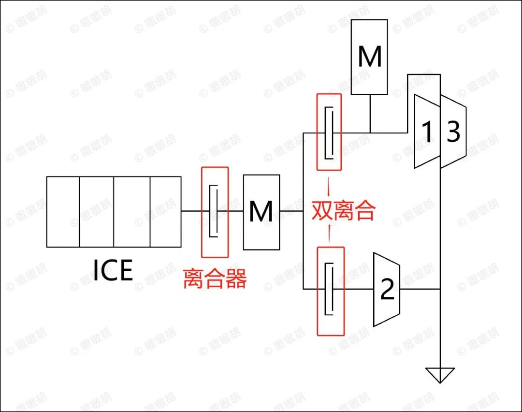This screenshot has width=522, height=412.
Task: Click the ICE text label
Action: coord(113,270)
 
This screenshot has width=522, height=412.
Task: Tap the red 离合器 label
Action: coord(215,279)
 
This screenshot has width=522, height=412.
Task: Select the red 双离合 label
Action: coord(343,210)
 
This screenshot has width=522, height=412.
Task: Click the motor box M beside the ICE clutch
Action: coord(261,212)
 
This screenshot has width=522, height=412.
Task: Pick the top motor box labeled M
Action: coord(369,57)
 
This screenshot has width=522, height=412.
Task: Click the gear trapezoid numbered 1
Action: coord(427,131)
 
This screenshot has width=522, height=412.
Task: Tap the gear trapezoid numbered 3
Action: coord(453,131)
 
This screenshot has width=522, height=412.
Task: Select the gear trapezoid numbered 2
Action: coord(387,289)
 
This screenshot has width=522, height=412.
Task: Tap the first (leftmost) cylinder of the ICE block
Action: coord(63,212)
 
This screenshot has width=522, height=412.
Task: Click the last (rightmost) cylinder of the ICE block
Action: coord(165,212)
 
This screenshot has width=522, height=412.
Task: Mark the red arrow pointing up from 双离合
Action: coord(329,186)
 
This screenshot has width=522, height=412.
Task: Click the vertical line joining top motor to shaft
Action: coord(370,114)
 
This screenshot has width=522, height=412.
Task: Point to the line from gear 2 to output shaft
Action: coord(420,289)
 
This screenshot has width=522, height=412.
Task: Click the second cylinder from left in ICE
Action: coord(97,212)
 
